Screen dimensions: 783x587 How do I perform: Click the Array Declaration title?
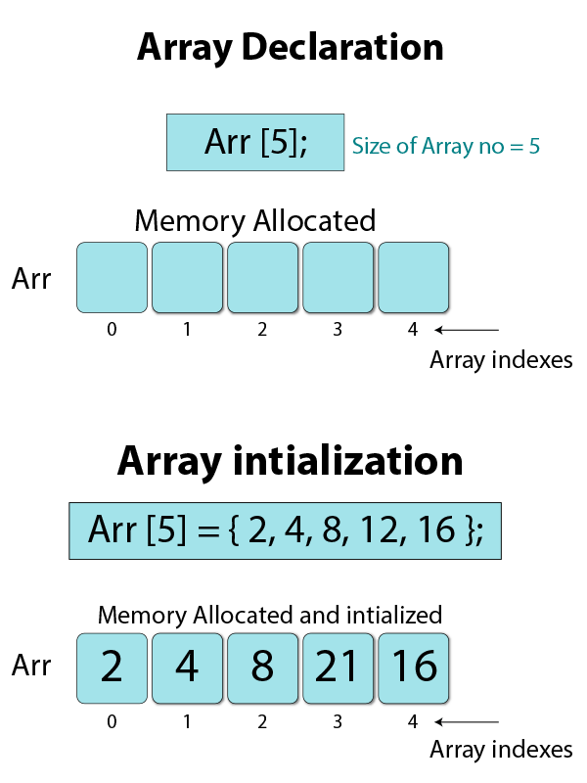(290, 47)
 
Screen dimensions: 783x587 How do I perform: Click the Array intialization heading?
(290, 460)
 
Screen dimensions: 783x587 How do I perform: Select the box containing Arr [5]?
(255, 143)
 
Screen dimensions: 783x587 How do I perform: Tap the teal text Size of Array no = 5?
(446, 147)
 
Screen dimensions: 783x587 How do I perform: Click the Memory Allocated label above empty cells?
(254, 220)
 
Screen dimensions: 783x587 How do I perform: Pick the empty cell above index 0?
(112, 277)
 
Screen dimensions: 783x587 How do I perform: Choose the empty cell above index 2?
(262, 277)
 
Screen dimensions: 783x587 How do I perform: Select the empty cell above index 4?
(413, 277)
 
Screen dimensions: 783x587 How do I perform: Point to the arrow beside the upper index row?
(467, 330)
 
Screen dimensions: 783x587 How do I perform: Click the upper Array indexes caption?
(501, 360)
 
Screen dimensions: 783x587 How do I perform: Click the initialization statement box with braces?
(285, 530)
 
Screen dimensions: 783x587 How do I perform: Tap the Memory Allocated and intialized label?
(270, 616)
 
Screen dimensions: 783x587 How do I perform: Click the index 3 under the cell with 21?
(338, 722)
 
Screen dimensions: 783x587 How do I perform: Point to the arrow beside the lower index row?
(467, 722)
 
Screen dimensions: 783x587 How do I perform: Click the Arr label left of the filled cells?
(31, 667)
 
